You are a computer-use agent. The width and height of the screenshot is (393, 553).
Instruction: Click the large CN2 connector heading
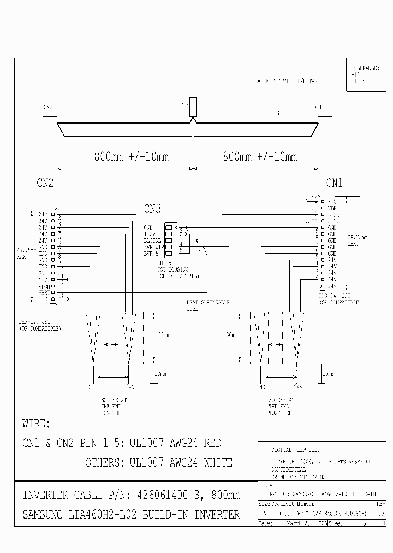click(x=45, y=183)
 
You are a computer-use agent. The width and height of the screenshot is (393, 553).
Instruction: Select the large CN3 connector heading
click(x=153, y=209)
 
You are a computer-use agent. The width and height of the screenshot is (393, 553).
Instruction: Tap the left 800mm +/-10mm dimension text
click(x=132, y=157)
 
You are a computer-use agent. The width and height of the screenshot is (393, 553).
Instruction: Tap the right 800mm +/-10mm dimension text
click(x=260, y=157)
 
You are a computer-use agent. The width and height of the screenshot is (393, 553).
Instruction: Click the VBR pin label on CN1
click(x=332, y=208)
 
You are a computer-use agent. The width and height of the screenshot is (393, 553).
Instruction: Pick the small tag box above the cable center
click(x=193, y=107)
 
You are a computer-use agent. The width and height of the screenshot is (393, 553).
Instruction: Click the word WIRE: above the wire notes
click(x=36, y=423)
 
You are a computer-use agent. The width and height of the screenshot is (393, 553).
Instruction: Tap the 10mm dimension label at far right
click(x=327, y=373)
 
